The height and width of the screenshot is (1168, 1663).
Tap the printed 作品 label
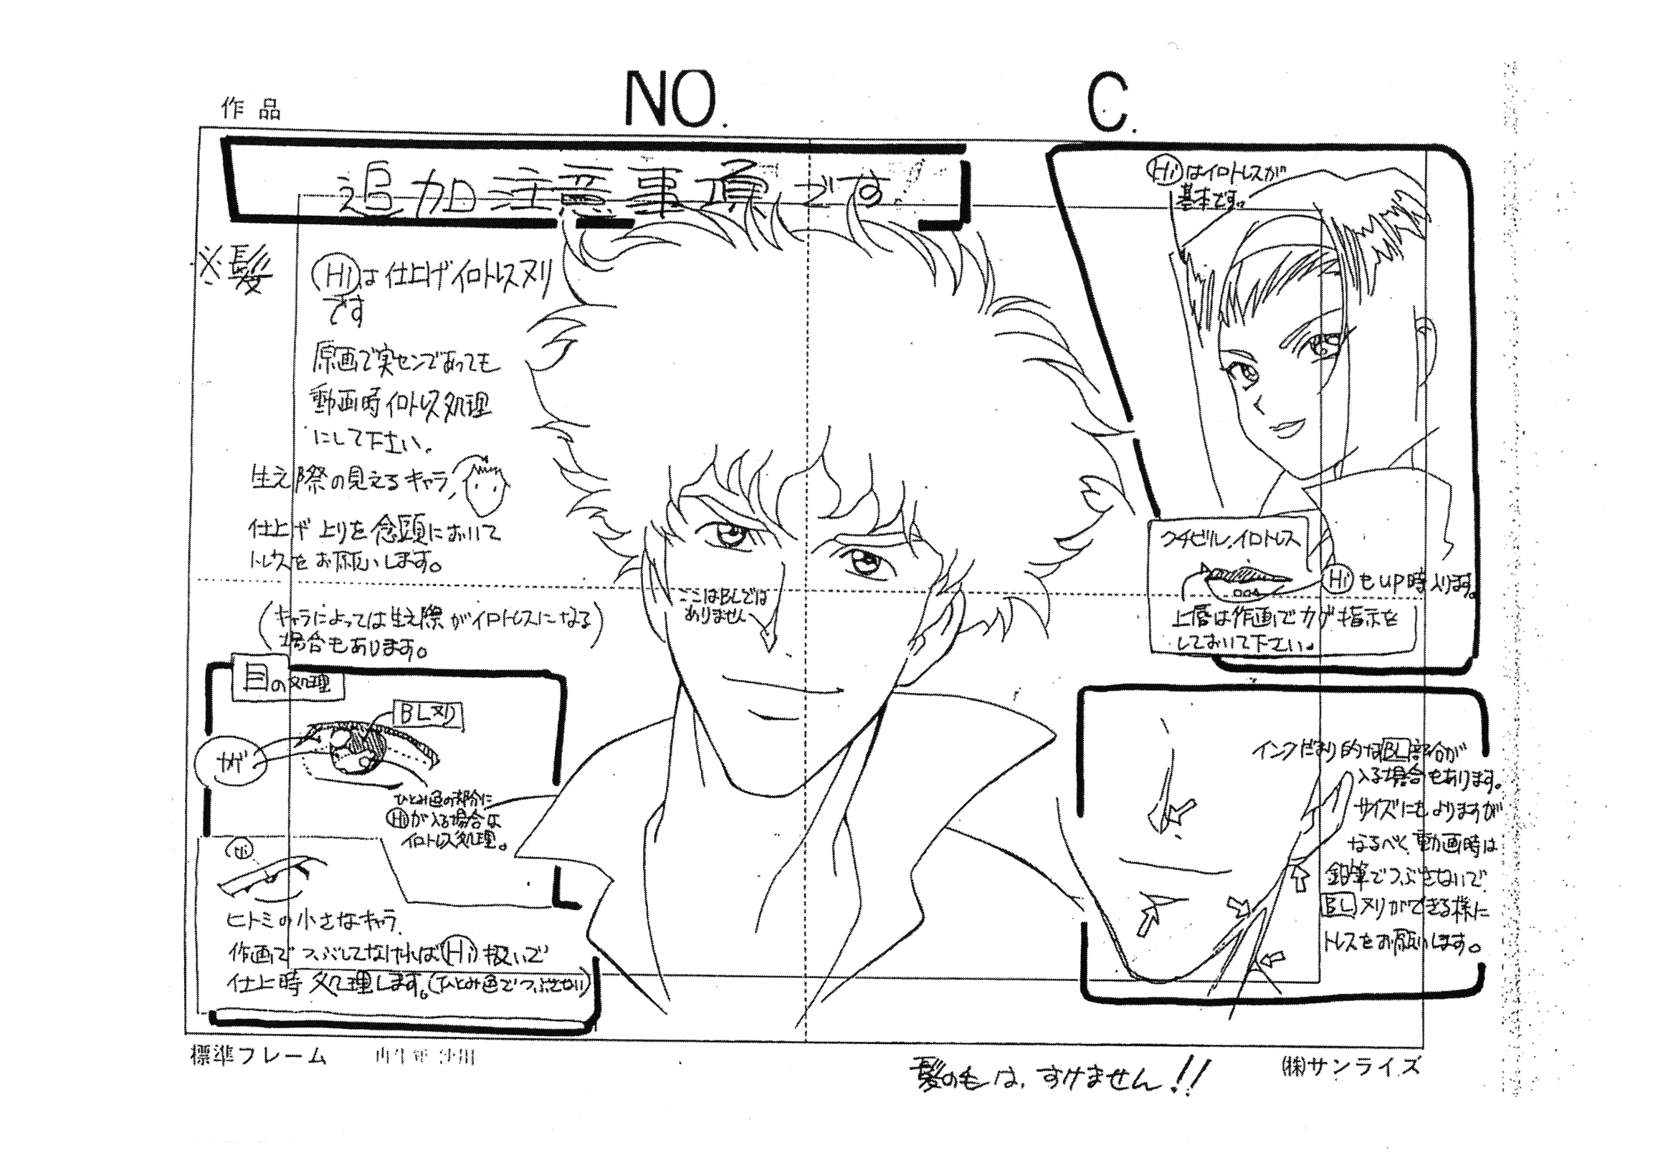251,110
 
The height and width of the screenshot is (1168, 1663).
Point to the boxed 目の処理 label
287,683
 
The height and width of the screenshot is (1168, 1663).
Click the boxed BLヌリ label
427,716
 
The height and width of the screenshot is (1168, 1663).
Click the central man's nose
764,637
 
